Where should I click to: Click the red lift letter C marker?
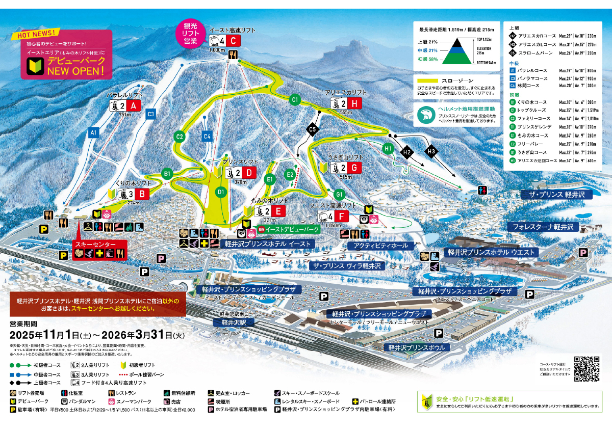(x=233, y=41)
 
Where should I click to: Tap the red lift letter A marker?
(x=134, y=105)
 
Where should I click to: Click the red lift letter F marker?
(x=342, y=216)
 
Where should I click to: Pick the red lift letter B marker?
(x=143, y=194)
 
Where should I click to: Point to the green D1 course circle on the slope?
(x=221, y=192)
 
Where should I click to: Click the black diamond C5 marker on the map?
(x=313, y=130)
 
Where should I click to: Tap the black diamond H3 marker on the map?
(x=431, y=151)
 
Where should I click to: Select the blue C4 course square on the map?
(x=207, y=136)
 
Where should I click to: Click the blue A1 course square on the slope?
(x=93, y=132)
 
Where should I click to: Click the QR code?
(x=586, y=369)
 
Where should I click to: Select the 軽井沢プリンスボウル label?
(x=416, y=348)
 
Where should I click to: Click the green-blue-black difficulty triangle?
(x=456, y=51)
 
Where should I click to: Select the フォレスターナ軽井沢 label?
(x=543, y=226)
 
